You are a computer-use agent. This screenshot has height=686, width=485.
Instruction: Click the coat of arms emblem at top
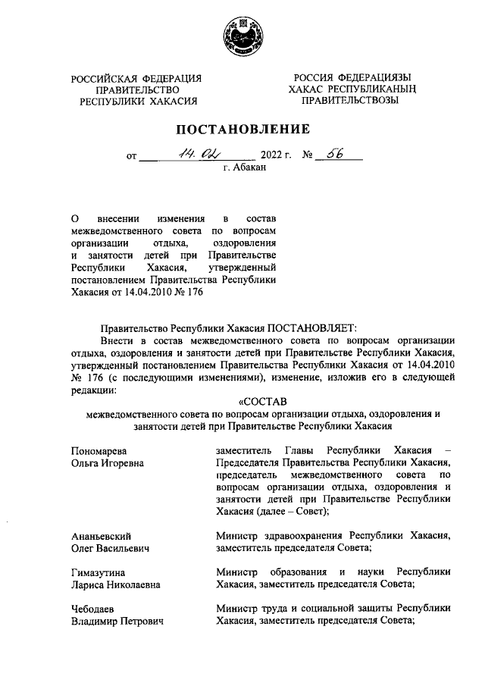click(242, 36)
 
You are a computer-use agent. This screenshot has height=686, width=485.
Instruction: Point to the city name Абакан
click(244, 169)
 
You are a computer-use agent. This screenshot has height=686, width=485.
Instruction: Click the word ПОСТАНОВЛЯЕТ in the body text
click(306, 327)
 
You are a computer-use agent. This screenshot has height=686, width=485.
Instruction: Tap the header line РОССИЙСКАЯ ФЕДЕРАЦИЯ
click(136, 78)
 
